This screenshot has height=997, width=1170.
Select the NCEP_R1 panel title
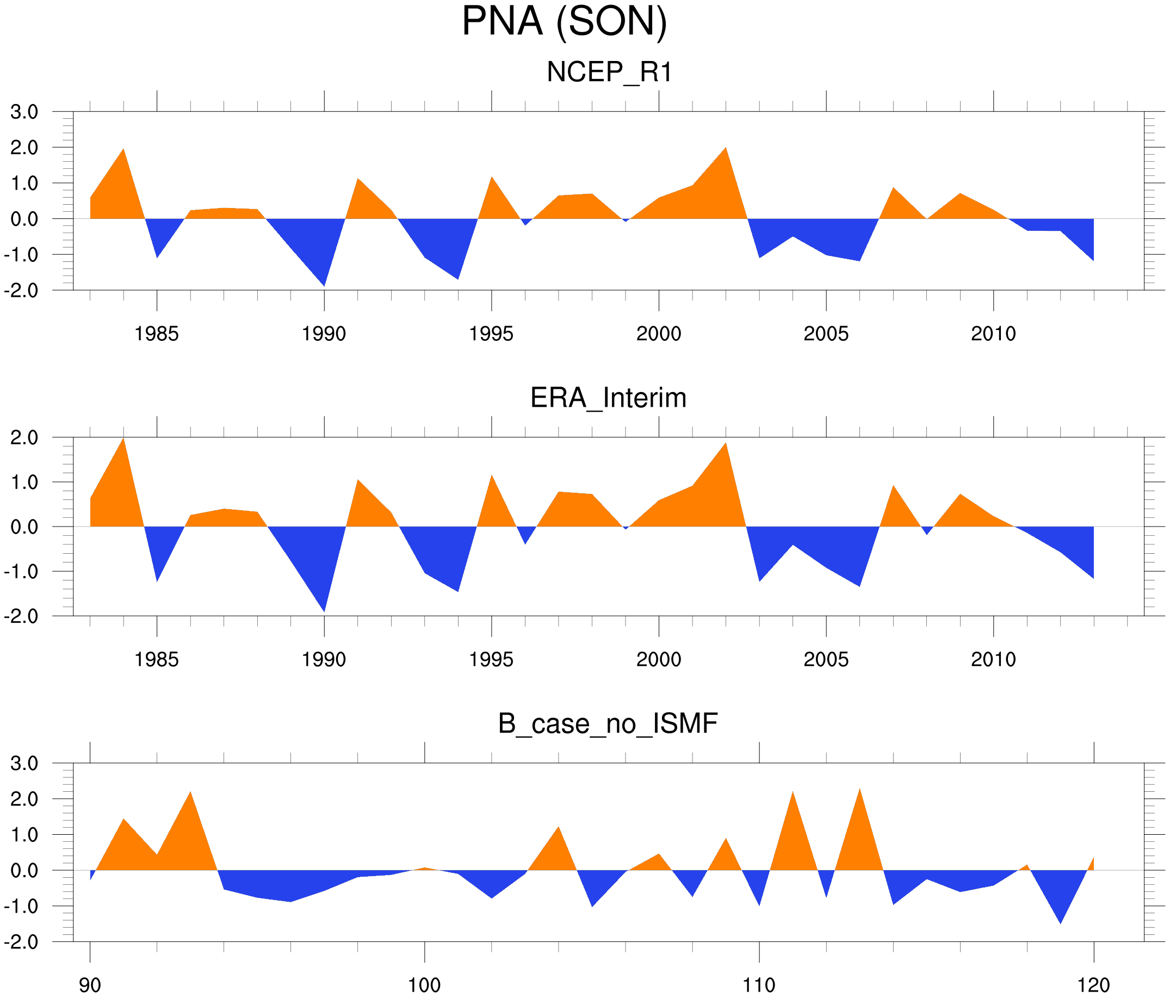tap(609, 72)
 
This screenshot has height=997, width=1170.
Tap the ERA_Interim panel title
tap(608, 398)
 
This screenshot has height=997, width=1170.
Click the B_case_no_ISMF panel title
tap(608, 724)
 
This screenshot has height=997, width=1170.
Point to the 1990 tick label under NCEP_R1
tap(324, 334)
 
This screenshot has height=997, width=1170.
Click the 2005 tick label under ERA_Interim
tap(826, 659)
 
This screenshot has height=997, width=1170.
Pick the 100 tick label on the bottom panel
tap(424, 986)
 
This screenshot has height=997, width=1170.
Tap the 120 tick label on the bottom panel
tap(1094, 986)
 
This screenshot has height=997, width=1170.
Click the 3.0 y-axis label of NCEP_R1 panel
tap(24, 112)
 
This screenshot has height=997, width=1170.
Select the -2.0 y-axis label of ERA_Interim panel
tap(21, 616)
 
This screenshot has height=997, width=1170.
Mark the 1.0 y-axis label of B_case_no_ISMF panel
tap(24, 835)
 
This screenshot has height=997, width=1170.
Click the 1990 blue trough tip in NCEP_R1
tap(324, 286)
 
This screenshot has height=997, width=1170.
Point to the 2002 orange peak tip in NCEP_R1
tap(726, 148)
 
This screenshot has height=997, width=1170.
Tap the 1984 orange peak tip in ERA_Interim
tap(123, 438)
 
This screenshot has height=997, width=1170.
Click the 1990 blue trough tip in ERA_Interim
tap(324, 611)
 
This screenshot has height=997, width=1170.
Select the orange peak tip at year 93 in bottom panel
tap(190, 792)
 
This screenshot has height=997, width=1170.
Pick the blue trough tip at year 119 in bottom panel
tap(1061, 923)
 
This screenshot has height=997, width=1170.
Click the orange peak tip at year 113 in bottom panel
tap(859, 789)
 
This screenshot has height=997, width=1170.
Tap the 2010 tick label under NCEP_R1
tap(993, 334)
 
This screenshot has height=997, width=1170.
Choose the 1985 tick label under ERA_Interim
tap(157, 659)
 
